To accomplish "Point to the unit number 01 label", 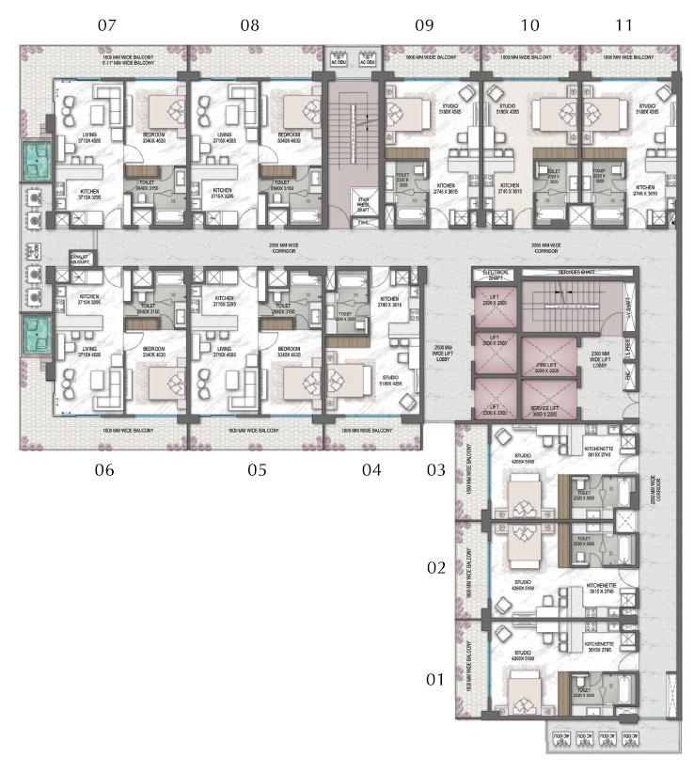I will pos(435,678).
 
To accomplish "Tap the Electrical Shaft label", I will pos(495,275).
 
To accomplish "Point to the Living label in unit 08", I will pos(224,137).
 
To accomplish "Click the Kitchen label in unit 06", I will pos(78,302).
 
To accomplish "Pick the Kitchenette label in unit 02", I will pos(598,587).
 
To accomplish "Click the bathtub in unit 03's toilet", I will pos(623,492).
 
